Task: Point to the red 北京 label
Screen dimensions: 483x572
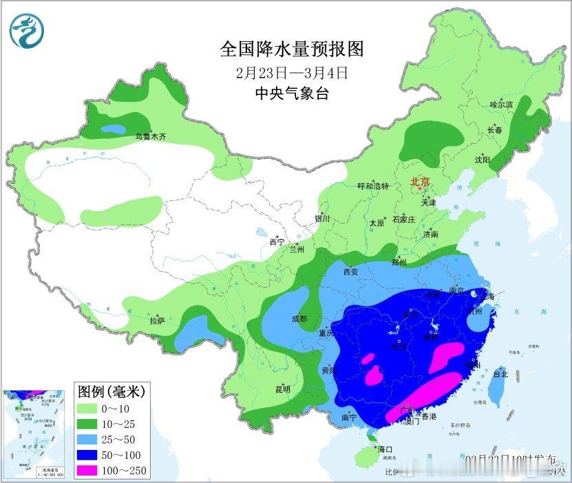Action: (420, 182)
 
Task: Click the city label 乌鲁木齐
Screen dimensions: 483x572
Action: (150, 137)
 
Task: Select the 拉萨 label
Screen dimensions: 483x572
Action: (157, 320)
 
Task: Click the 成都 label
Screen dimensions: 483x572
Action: (298, 319)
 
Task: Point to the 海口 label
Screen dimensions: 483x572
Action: (385, 449)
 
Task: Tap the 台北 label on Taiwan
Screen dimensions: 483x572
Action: (500, 374)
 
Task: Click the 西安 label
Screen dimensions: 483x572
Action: (351, 272)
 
